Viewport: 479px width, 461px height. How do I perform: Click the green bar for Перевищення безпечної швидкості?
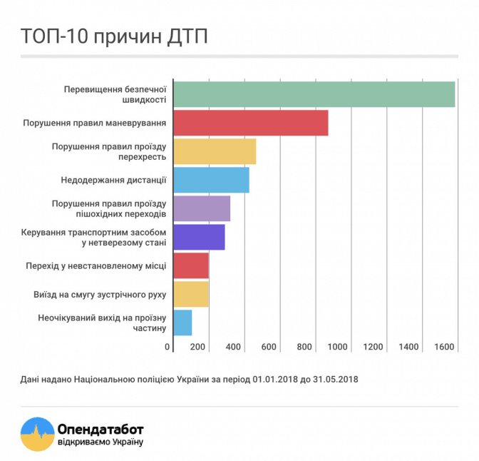coord(314,94)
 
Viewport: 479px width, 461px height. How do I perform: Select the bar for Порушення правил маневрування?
coord(250,123)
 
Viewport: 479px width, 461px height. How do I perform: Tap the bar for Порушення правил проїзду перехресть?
coord(215,151)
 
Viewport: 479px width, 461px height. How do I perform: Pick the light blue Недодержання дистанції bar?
coord(211,180)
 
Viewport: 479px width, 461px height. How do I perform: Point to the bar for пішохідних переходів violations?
coord(202,208)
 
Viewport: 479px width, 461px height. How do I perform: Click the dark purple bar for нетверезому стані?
coord(199,237)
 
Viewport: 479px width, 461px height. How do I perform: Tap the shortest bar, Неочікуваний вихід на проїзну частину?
coord(182,323)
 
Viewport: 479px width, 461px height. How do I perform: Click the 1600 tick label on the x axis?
coord(444,347)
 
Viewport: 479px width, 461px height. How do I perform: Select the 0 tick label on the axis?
coord(168,347)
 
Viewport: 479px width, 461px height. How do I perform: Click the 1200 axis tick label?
coord(374,347)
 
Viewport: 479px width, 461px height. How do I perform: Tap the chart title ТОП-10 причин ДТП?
coord(114,36)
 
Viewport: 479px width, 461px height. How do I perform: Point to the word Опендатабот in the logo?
coord(101,430)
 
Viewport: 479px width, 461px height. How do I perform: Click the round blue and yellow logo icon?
coord(38,434)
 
